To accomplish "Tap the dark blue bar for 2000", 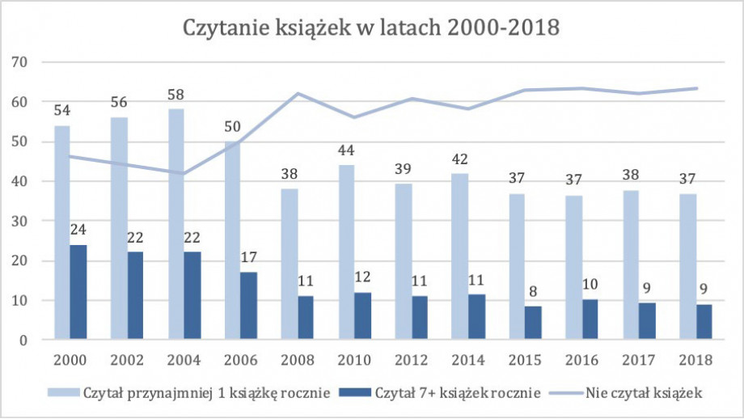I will coord(78,292).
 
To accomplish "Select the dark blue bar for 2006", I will coord(248,306).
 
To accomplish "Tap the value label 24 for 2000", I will coord(78,232).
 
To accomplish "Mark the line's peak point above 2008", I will coord(298,93).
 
